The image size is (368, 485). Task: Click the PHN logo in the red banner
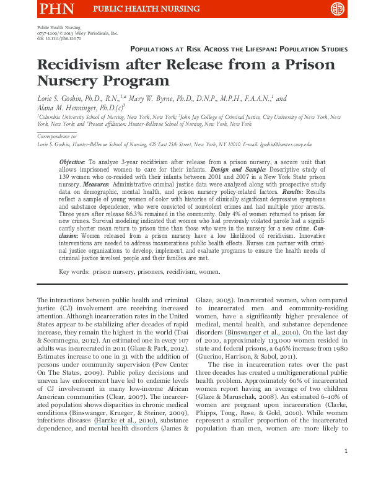click(56, 9)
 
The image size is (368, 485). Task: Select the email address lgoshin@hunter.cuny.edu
click(284, 144)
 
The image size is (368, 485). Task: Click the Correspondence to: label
click(58, 136)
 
